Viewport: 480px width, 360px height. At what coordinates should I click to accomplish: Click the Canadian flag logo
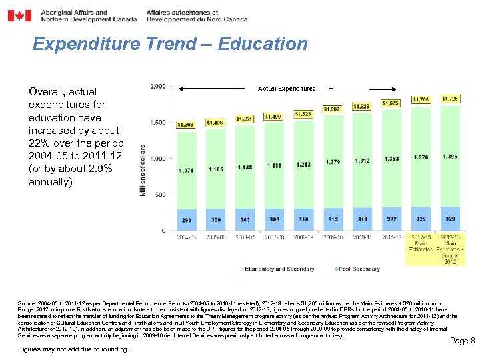click(x=19, y=15)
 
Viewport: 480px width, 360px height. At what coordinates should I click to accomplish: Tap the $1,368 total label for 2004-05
click(x=186, y=124)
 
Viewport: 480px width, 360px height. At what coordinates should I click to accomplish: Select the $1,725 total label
click(x=451, y=99)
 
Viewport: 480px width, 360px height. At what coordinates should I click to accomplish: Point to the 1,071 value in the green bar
click(x=186, y=171)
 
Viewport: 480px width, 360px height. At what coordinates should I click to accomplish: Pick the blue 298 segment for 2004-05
click(x=186, y=219)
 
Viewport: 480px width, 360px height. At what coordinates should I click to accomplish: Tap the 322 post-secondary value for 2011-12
click(x=391, y=219)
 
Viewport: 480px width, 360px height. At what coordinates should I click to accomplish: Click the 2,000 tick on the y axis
click(x=158, y=87)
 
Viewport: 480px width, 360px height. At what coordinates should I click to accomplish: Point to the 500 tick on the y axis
click(x=161, y=195)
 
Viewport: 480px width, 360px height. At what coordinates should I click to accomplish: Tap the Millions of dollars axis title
click(x=141, y=171)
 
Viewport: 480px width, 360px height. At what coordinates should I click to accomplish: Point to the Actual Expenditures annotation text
click(x=287, y=88)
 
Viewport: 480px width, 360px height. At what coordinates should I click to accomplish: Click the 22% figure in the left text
click(x=39, y=143)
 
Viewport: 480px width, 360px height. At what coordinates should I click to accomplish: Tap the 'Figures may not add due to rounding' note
click(x=73, y=349)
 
